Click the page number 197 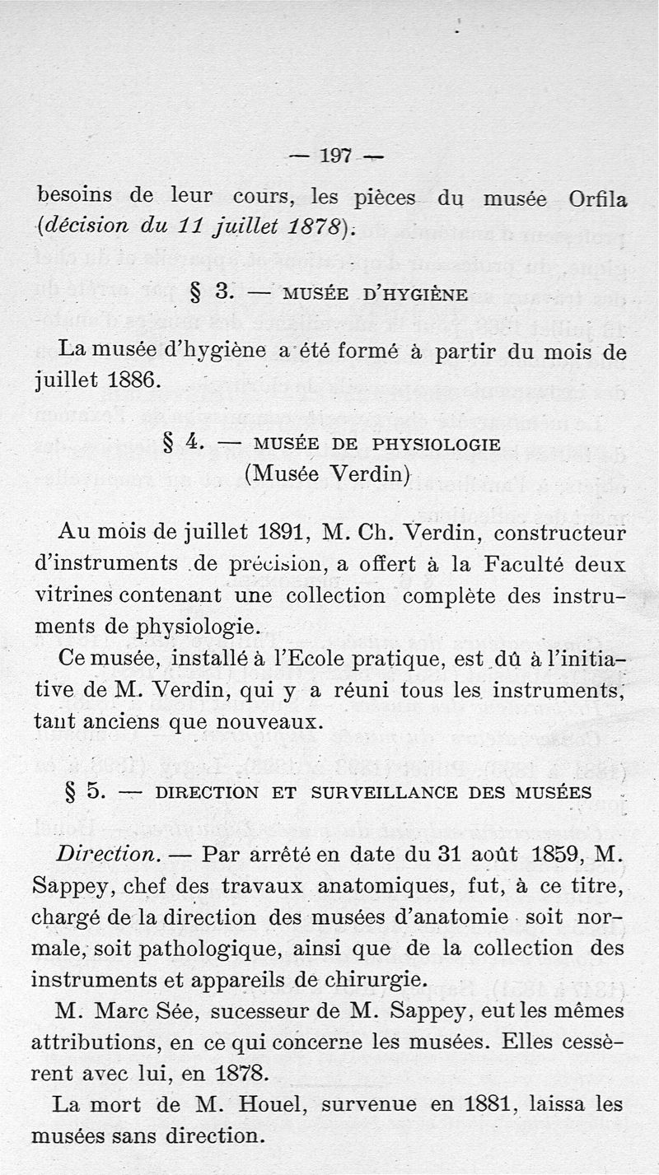(x=335, y=155)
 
